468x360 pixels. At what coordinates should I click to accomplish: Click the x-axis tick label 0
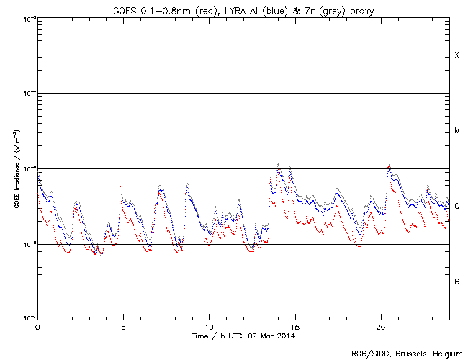pos(37,326)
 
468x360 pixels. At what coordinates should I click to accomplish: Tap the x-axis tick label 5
pos(123,326)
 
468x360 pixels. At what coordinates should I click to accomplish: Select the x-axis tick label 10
pos(209,326)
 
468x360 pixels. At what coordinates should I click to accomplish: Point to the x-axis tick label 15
pos(294,326)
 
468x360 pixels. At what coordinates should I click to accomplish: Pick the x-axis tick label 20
pos(380,326)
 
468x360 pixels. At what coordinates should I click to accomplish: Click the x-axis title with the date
pos(243,336)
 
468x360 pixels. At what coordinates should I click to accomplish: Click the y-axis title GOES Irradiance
pos(16,169)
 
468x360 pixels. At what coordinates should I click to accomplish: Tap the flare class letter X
pos(457,55)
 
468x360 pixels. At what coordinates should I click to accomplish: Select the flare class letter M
pos(457,131)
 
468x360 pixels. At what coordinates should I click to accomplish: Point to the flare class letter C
pos(457,207)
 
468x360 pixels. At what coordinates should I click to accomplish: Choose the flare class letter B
pos(457,282)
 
